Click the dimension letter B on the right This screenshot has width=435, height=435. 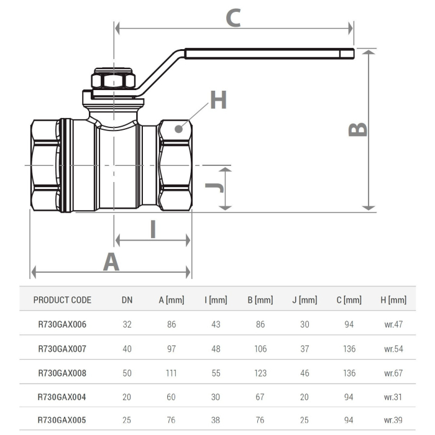pyautogui.click(x=358, y=129)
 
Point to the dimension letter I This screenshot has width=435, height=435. pyautogui.click(x=153, y=229)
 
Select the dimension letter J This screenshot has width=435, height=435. pyautogui.click(x=213, y=187)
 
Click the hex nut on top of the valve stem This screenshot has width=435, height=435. pyautogui.click(x=113, y=80)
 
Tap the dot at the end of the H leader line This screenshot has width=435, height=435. pyautogui.click(x=179, y=129)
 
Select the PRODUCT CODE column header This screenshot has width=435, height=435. pyautogui.click(x=62, y=300)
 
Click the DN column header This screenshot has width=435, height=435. pyautogui.click(x=127, y=300)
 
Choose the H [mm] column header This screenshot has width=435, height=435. pyautogui.click(x=393, y=300)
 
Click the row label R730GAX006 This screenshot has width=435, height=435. pyautogui.click(x=62, y=324)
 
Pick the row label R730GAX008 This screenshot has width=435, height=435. pyautogui.click(x=62, y=373)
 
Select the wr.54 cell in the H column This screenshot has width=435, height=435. pyautogui.click(x=393, y=349)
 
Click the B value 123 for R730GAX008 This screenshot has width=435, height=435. pyautogui.click(x=260, y=373)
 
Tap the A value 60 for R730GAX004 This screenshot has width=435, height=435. pyautogui.click(x=172, y=397)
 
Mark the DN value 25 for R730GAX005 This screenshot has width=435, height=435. pyautogui.click(x=127, y=421)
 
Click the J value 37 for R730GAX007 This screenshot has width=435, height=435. pyautogui.click(x=304, y=349)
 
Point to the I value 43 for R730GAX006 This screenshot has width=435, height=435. pyautogui.click(x=216, y=324)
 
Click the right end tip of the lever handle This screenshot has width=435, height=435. pyautogui.click(x=352, y=54)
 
